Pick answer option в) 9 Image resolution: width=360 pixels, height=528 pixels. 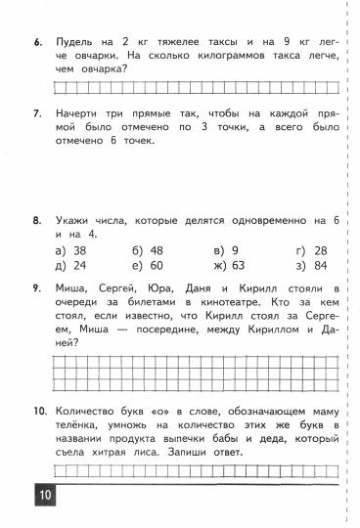(226, 250)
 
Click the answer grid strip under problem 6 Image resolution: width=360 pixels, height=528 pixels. (196, 86)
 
